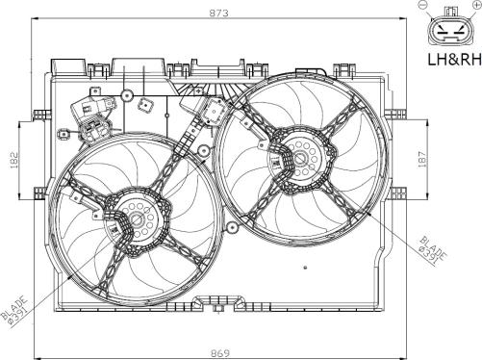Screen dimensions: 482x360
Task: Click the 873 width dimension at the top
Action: pyautogui.click(x=219, y=13)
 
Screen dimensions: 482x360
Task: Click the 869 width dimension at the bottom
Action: pyautogui.click(x=220, y=353)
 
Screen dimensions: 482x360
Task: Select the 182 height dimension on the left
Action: pyautogui.click(x=14, y=160)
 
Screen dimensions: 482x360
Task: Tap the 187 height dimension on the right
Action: pyautogui.click(x=422, y=160)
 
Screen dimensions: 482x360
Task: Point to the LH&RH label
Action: pyautogui.click(x=455, y=60)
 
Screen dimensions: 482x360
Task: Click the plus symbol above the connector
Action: pyautogui.click(x=477, y=4)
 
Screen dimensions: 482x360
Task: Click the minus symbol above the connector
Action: pyautogui.click(x=422, y=4)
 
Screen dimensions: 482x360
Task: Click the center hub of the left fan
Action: pyautogui.click(x=138, y=219)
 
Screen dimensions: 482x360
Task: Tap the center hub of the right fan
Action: pyautogui.click(x=300, y=158)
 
